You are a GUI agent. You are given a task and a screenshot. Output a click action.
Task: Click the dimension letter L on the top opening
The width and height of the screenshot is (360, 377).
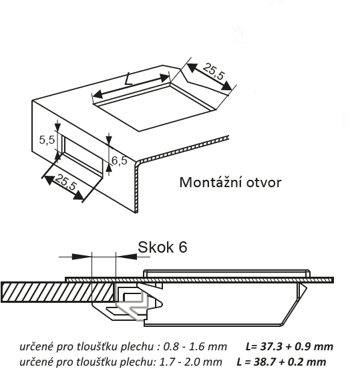point(128,79)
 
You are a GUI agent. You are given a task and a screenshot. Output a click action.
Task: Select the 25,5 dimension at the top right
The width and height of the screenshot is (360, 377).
point(214,72)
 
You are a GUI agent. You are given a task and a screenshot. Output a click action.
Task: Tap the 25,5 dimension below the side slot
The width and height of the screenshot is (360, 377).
point(65,182)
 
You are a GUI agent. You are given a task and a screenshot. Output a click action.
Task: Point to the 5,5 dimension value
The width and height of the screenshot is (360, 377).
point(47,140)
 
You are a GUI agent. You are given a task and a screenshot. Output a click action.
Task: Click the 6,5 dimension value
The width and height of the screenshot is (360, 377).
point(120,160)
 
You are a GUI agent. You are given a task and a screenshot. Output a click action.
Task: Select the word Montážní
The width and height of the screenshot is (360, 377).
point(210,182)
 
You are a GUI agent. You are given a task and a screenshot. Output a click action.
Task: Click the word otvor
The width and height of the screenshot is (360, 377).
point(264,182)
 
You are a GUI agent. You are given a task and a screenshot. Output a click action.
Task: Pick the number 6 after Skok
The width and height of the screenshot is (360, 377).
point(182,247)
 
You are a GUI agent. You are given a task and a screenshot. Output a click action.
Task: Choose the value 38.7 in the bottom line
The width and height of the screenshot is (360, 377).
point(264,362)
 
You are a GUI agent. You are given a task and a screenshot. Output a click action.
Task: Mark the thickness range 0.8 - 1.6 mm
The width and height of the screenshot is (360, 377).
point(195,346)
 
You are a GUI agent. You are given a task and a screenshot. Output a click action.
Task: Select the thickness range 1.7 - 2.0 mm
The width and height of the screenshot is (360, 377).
point(191,362)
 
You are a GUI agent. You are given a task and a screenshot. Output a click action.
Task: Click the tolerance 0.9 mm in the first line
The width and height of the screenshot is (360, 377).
point(314,346)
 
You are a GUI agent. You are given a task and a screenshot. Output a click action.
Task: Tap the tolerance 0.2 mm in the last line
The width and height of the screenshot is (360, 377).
point(307,362)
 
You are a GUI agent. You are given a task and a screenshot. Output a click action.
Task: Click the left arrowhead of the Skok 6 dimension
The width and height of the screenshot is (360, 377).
point(81,257)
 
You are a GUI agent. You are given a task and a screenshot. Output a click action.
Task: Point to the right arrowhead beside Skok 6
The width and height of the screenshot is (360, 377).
point(126,257)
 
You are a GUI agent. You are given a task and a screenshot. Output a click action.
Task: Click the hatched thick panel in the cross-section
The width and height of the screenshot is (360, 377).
point(57,292)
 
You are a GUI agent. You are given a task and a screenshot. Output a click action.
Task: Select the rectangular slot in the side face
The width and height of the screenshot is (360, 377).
point(82,156)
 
